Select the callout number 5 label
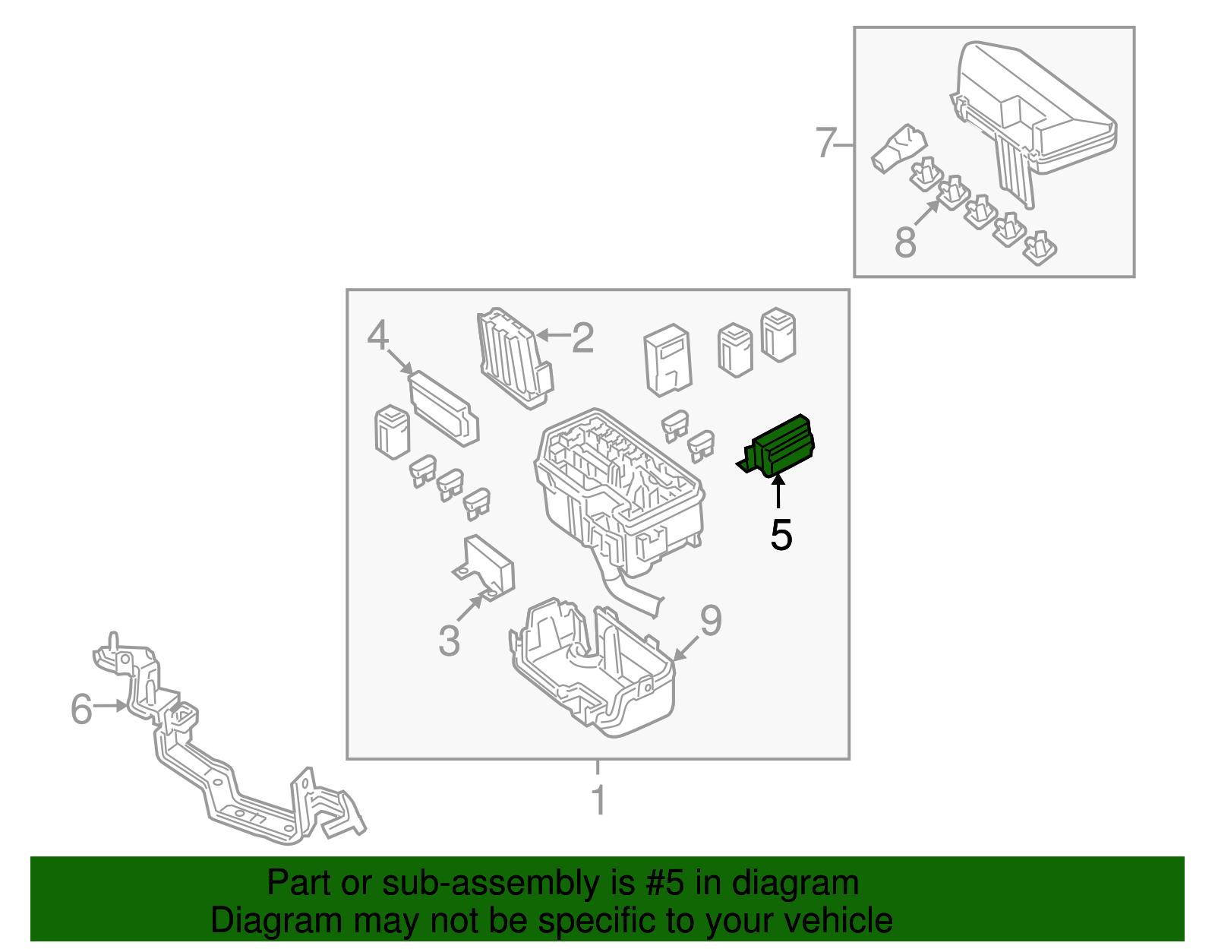click(x=781, y=535)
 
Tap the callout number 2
click(x=582, y=338)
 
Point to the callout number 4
click(x=378, y=335)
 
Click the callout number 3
click(x=449, y=641)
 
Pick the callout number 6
click(x=81, y=709)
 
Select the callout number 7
click(x=826, y=142)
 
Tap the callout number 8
click(x=905, y=241)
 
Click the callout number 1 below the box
click(x=598, y=800)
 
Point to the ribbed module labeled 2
click(x=515, y=358)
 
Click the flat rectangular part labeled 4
click(x=443, y=408)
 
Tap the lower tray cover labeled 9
click(x=592, y=668)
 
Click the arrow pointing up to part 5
click(x=778, y=490)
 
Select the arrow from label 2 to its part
click(x=553, y=336)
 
